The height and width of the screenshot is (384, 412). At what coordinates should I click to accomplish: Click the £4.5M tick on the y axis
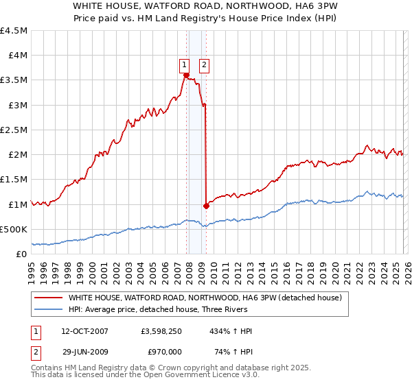point(14,31)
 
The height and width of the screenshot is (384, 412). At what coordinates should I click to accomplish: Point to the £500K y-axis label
point(14,229)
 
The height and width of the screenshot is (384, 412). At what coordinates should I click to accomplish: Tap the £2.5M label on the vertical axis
point(14,130)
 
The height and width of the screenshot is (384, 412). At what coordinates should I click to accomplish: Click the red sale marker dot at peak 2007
point(186,75)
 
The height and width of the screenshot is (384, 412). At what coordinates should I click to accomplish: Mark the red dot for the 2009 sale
point(207,205)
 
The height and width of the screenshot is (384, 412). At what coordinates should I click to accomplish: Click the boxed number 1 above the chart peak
point(185,66)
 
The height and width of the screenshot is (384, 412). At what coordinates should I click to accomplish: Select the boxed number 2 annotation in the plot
point(205,66)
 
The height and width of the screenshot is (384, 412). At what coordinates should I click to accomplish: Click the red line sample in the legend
point(49,298)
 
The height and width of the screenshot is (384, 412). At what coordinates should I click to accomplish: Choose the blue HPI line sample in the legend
point(49,310)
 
